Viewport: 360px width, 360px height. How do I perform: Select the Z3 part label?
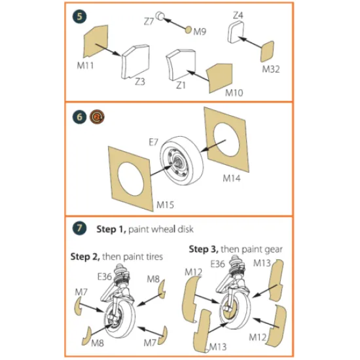pos(140,82)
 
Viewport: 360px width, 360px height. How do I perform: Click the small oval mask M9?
pos(189,29)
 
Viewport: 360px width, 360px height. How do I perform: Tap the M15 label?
pos(164,205)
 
